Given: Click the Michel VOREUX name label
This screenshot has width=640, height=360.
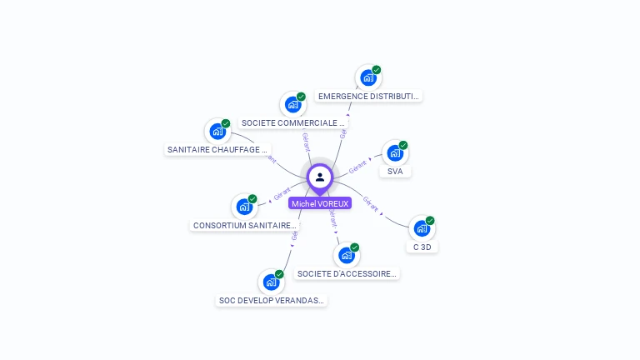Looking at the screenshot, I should point(320,203).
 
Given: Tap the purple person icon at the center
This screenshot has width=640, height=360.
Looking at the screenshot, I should point(320,177).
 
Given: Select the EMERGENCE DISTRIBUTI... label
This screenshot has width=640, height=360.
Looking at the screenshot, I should point(368,96).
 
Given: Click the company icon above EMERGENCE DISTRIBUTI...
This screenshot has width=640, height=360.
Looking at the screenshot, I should point(368,78).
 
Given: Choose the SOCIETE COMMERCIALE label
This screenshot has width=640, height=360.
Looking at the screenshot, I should point(293,122).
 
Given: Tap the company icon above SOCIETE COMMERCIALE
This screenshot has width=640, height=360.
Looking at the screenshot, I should point(293,105).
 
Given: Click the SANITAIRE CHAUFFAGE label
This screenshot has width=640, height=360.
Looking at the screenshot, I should point(218,150).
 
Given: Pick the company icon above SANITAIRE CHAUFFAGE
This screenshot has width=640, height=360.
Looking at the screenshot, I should point(217,132).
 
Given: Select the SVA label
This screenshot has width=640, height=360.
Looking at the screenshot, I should point(395,171).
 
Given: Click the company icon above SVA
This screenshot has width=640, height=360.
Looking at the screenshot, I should point(395,153).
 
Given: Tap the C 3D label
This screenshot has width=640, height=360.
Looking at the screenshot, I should point(422,247).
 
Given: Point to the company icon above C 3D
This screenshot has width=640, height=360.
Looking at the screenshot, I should point(422,228).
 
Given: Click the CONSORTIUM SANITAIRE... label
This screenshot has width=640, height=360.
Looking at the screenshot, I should point(244,225).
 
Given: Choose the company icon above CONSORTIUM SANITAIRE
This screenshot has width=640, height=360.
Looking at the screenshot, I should point(244,207).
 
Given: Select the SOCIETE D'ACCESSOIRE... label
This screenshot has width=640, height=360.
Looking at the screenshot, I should point(347,273).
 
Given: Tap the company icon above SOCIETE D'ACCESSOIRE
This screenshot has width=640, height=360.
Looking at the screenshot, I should point(347,255).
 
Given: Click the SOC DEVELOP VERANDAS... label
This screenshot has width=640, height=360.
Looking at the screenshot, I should point(272,300).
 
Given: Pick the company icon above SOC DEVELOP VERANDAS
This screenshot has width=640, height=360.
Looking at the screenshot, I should point(272,282).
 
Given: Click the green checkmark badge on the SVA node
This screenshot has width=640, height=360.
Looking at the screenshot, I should point(403,145).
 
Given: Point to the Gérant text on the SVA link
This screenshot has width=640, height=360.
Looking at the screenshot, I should point(357,167).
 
